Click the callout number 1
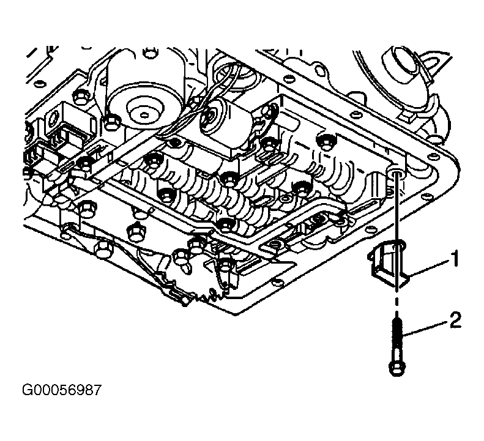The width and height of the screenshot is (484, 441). pos(454,259)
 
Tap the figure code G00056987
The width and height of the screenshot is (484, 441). pos(61,390)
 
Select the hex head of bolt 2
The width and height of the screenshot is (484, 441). pos(397,368)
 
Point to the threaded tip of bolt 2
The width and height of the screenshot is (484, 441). pos(397,322)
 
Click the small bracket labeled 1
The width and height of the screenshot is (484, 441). pos(388,263)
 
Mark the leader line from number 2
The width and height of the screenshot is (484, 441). pos(426,328)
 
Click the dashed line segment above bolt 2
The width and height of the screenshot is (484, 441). pos(397,305)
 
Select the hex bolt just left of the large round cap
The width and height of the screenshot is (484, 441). pos(110,122)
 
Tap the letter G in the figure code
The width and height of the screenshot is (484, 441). pos(26,390)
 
